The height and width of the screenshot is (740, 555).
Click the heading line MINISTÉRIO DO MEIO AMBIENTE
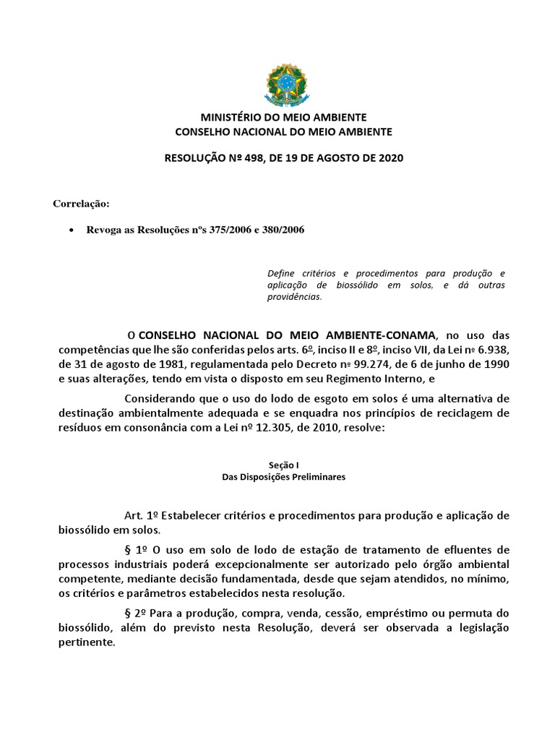(283, 118)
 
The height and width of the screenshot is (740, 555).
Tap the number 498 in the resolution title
(265, 158)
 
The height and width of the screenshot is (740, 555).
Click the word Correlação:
(81, 203)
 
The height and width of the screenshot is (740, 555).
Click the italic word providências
(294, 296)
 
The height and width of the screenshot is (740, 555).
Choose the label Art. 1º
(142, 516)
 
